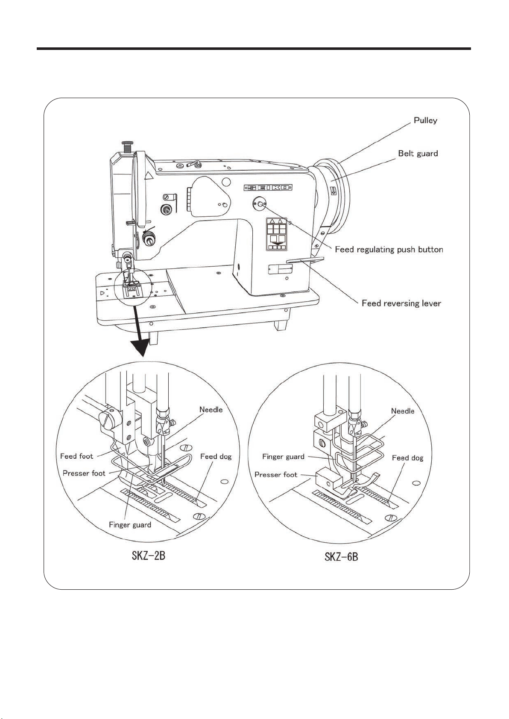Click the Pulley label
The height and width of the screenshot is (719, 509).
point(425,121)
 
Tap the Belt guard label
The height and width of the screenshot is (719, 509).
point(418,154)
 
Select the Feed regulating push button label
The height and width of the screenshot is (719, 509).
point(389,249)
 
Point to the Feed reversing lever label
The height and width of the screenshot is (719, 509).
point(401,303)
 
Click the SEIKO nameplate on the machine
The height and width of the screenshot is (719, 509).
point(268,187)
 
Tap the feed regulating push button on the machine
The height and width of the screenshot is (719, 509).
point(260,203)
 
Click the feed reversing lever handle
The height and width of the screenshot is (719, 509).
point(305,260)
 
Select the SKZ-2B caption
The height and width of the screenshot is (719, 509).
point(148,556)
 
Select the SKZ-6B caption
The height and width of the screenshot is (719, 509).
point(341,556)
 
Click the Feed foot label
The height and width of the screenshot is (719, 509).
point(76,456)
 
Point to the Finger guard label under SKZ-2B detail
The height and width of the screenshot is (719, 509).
point(130,525)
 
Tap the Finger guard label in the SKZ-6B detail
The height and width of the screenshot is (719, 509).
point(283,457)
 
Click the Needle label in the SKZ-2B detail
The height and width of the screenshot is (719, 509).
point(211,410)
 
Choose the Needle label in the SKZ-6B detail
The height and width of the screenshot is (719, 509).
point(402,411)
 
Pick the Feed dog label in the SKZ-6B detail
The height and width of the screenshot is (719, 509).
point(407,458)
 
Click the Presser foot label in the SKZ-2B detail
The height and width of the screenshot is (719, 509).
point(84,473)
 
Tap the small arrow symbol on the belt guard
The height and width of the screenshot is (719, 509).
point(334,191)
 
